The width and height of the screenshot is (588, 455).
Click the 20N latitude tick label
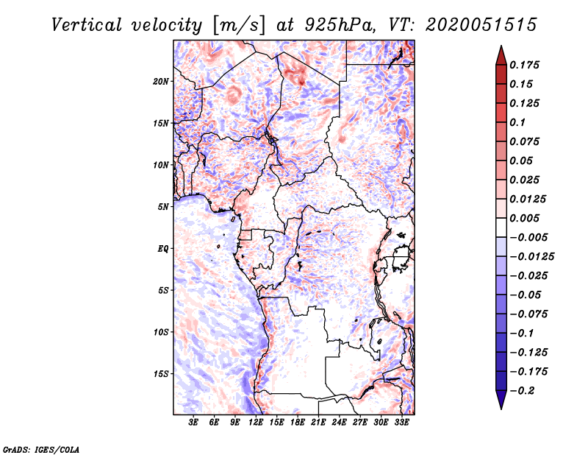point(161,81)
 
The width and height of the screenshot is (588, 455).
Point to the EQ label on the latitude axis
point(162,249)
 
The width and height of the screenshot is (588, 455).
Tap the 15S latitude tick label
point(161,374)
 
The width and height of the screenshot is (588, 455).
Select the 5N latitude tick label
point(163,207)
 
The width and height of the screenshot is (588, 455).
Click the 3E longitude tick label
point(194,423)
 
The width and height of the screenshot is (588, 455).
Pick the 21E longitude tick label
point(318,423)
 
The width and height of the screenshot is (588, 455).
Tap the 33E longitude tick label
point(401,423)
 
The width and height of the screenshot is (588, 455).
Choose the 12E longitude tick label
point(256,423)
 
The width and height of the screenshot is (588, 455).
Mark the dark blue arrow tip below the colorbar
point(501,404)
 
